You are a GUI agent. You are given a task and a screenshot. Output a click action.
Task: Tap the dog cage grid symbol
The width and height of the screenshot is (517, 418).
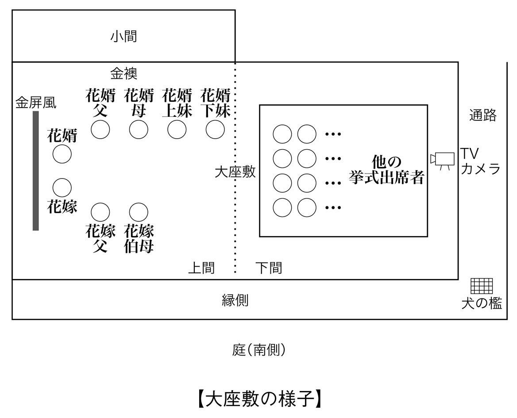point(481,286)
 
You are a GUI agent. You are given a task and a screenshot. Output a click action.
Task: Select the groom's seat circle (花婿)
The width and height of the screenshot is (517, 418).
point(62,154)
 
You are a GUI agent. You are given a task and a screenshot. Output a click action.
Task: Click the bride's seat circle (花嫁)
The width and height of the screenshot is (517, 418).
point(62,187)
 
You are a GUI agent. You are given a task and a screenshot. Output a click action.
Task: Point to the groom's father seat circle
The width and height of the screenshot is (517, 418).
point(100,129)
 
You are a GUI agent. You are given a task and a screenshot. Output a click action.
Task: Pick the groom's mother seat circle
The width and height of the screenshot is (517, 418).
point(139,129)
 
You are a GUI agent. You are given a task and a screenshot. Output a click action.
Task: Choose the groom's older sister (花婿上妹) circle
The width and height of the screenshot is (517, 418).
point(177,129)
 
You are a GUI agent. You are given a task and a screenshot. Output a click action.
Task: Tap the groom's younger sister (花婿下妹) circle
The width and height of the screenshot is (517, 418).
point(215,129)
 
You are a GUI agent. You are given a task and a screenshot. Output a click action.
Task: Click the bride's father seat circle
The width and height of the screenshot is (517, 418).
point(100,212)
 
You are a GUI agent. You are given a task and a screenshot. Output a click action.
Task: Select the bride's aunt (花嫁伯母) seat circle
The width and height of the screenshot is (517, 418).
point(139,212)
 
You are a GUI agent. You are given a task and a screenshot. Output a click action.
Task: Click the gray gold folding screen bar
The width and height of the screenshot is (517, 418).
point(36,171)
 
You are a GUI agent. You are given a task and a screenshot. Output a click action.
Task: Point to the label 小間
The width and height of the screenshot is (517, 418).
point(123,36)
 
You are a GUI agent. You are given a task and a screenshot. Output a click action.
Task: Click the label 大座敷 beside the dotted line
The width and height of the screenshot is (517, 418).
point(235,172)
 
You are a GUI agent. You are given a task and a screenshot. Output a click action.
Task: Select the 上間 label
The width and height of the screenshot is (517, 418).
point(201,268)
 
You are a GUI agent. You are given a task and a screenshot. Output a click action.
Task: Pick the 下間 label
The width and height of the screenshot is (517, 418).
point(269,268)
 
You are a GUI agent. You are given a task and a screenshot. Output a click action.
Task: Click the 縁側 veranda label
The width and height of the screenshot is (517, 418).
point(235,301)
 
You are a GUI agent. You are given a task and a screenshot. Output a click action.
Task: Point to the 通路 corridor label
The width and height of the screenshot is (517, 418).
point(483,116)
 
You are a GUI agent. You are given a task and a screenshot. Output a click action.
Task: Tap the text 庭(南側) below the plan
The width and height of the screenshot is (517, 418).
point(259,350)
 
